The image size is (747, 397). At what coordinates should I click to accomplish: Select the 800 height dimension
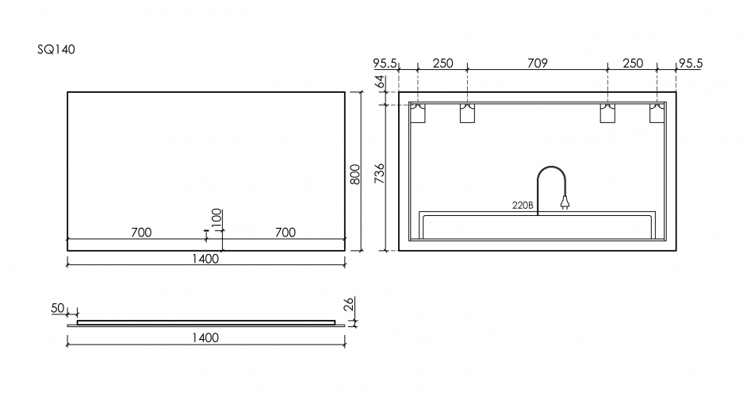tap(355, 172)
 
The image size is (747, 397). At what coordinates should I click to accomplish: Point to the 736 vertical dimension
tap(379, 172)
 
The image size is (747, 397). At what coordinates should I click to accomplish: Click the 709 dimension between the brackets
tap(537, 64)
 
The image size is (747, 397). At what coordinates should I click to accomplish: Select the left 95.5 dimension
tap(385, 64)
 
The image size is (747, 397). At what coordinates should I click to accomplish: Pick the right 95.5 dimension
tap(690, 64)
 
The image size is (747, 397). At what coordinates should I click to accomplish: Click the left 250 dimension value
tap(442, 64)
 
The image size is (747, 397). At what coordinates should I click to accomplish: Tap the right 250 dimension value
tap(632, 64)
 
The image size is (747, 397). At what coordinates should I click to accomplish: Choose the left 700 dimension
tap(140, 232)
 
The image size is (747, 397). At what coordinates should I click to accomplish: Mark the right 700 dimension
tap(285, 232)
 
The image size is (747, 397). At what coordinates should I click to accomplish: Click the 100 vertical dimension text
tap(217, 217)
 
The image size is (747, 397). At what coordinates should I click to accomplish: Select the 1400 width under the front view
tap(205, 258)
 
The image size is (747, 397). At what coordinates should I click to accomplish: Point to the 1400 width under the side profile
tap(205, 338)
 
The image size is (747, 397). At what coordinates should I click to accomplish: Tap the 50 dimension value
tap(57, 307)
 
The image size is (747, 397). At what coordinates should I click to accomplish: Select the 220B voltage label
tap(522, 205)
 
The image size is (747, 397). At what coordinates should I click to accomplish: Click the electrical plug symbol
tap(565, 204)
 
